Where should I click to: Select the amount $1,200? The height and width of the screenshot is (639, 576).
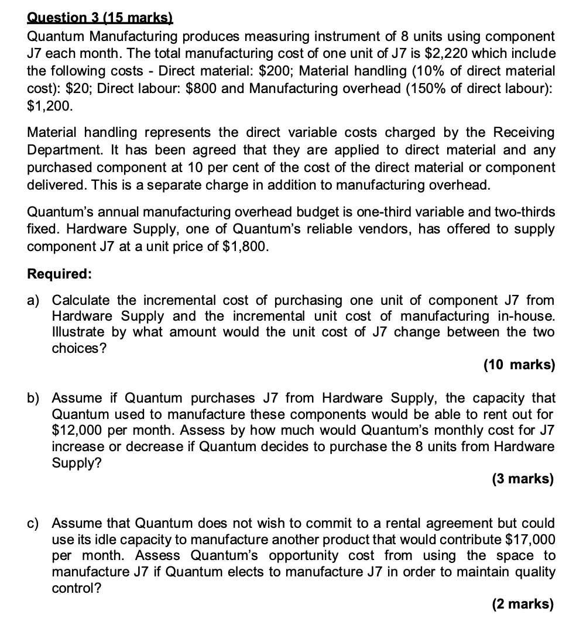tap(50, 106)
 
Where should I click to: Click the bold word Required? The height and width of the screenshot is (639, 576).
tap(59, 274)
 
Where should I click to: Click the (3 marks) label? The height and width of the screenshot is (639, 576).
tap(522, 479)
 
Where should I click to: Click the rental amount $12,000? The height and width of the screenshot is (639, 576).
tap(78, 430)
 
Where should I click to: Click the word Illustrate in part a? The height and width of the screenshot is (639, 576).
tap(79, 332)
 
